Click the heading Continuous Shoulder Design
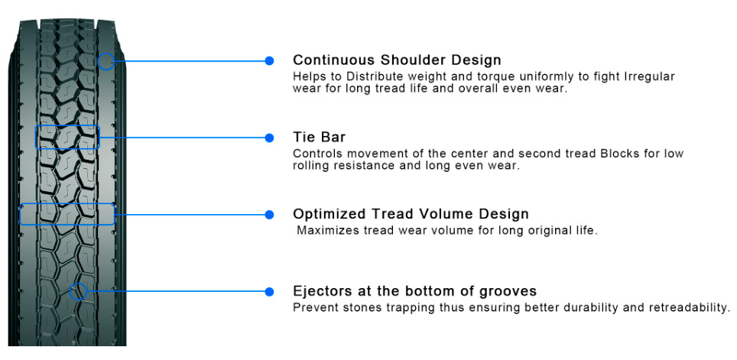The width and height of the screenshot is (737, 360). coord(398,60)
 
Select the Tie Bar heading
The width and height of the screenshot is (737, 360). coord(319,138)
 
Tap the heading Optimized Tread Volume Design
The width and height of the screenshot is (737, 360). coord(411,214)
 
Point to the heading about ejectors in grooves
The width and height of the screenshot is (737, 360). coord(414,291)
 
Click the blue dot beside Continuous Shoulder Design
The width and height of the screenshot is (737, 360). coord(269,60)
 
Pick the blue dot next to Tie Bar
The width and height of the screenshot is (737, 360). coord(269,138)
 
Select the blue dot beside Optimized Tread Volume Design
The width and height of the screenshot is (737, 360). coord(269,215)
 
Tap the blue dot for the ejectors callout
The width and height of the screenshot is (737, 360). coord(269,292)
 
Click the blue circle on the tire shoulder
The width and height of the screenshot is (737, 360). coord(98,61)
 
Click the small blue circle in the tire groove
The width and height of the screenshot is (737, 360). coord(70,291)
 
